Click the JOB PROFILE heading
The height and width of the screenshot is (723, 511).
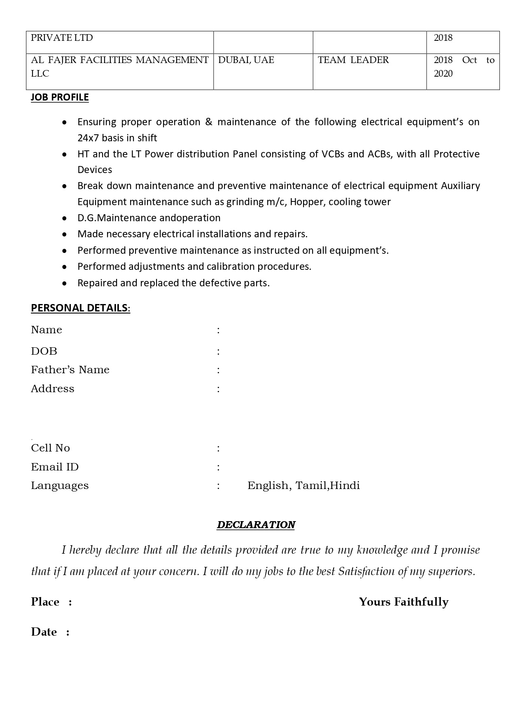60,97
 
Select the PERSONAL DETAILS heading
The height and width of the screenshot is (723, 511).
80,308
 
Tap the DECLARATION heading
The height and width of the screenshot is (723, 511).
256,524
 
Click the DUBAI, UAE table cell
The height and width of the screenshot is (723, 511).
246,60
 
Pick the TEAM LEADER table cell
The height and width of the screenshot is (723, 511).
353,60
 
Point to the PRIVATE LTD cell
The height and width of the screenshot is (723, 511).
62,38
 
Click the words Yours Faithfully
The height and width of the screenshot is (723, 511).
403,602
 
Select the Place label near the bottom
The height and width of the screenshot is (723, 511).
45,602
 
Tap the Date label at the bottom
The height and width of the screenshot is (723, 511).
44,632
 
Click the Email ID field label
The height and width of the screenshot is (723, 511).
54,467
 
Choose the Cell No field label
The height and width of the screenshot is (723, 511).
50,448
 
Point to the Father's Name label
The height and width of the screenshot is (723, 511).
70,370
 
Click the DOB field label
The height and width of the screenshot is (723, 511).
44,351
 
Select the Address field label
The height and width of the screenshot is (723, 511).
52,388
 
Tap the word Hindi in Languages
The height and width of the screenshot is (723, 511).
345,485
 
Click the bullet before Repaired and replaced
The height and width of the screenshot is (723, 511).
64,283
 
